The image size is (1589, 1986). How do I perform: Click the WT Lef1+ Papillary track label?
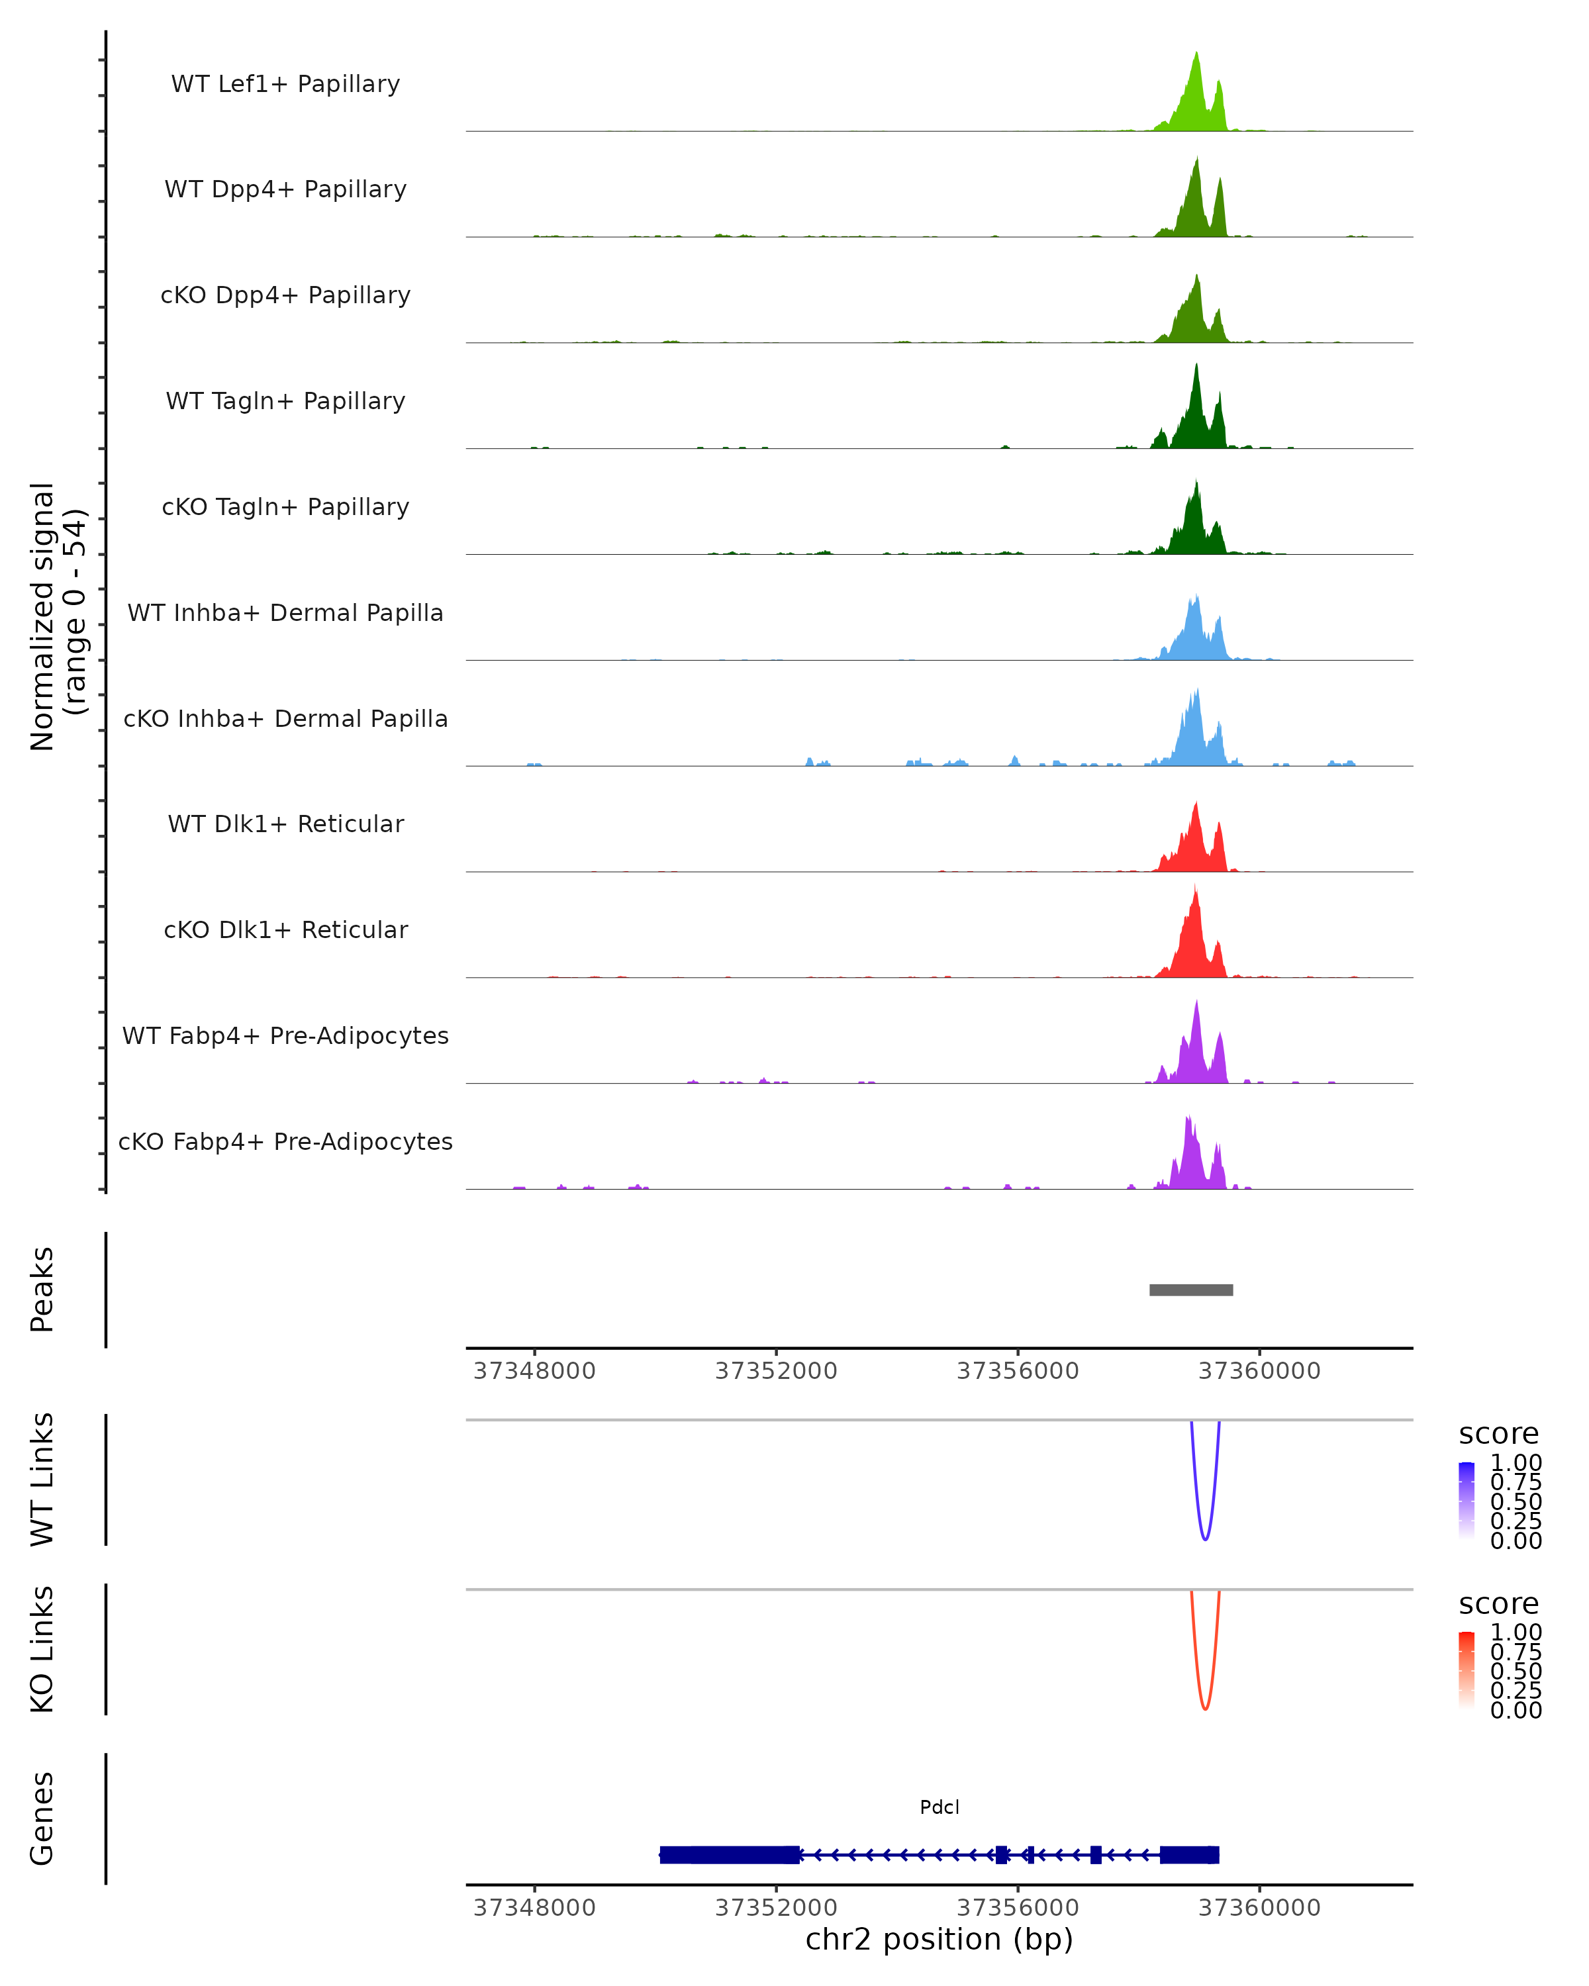tap(285, 84)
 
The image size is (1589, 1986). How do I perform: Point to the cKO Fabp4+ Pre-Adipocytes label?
tap(285, 1141)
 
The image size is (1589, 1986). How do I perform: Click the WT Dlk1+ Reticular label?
tap(285, 824)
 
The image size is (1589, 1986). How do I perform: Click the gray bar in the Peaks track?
tap(1191, 1290)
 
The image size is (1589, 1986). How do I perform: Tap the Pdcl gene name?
tap(939, 1807)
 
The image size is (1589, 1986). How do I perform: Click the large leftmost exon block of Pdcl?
tap(730, 1854)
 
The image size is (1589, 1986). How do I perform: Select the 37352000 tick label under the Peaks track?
tap(775, 1371)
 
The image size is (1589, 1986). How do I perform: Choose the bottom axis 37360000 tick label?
tap(1259, 1908)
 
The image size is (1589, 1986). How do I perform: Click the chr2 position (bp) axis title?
tap(939, 1939)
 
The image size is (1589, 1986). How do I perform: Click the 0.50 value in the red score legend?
tap(1516, 1670)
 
